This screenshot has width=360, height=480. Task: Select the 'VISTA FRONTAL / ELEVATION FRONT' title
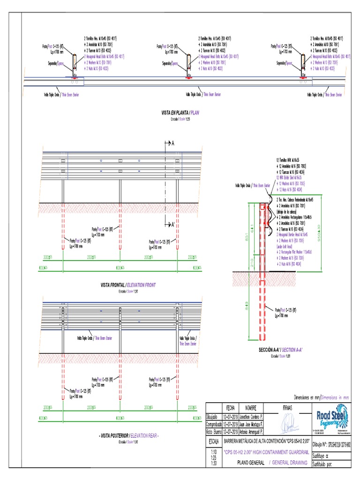(128, 285)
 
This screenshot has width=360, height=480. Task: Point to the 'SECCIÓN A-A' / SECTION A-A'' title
(281, 350)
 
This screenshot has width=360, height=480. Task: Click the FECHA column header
(230, 407)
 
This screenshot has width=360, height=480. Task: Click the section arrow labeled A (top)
(169, 143)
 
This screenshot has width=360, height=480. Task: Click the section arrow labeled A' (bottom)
(169, 225)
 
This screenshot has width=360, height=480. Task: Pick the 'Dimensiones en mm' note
(321, 397)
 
